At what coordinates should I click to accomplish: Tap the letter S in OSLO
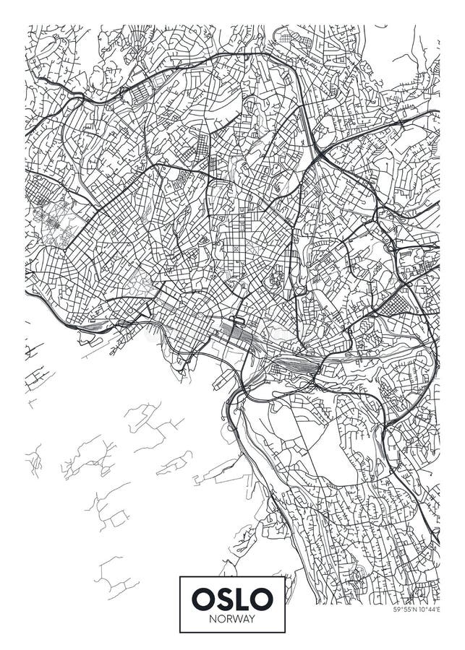pos(223,598)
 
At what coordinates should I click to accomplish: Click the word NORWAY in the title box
pos(232,618)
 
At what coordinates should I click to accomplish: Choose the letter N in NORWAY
pos(213,618)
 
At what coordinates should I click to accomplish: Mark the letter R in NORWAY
pos(229,618)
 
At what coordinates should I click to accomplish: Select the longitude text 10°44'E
pos(428,610)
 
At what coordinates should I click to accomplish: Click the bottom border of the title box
pos(232,632)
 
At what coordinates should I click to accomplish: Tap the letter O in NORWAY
pos(221,618)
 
